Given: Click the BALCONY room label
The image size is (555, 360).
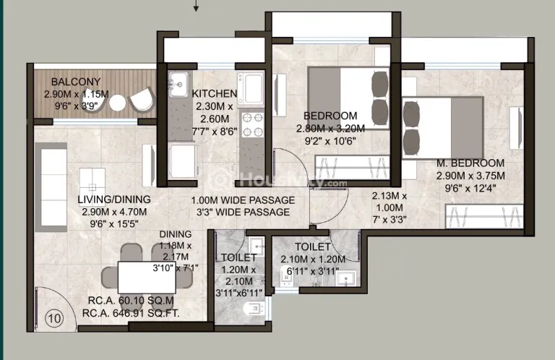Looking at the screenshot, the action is tap(76, 82).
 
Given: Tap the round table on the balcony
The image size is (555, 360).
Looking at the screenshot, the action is tap(118, 103).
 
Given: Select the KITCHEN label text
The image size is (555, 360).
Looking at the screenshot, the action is tap(215, 93).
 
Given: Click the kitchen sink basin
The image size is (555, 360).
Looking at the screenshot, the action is tap(178, 85).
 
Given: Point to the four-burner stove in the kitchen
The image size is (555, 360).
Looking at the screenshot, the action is tap(253, 124).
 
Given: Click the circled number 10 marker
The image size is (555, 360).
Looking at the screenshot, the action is tap(54, 318).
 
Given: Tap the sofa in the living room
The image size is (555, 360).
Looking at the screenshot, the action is tap(51, 187).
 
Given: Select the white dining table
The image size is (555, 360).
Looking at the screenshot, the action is tap(147, 277).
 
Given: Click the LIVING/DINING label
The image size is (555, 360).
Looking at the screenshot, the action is tap(114, 200).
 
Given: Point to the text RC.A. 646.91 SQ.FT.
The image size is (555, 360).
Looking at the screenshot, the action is tap(131, 313).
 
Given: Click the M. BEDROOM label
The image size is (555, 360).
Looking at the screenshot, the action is tap(470, 163).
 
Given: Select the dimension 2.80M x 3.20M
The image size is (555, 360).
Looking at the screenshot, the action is tap(330, 129).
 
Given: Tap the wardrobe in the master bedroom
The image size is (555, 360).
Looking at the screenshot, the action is tap(484, 216).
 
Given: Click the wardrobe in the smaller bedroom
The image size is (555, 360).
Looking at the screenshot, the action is tap(352, 167).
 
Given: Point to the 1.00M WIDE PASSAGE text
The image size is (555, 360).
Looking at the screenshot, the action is tap(243, 200).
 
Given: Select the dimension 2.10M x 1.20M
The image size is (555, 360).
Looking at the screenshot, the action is tap(313, 260).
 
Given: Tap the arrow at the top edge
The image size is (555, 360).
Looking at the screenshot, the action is tap(196, 6).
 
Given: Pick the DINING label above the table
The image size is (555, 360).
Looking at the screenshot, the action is tap(175, 234).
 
